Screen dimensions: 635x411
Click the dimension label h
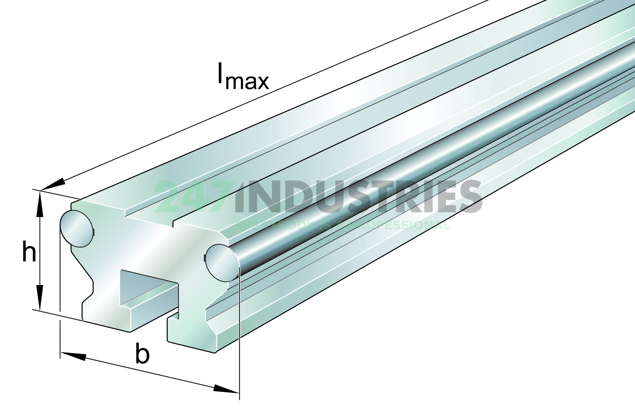pyautogui.click(x=29, y=252)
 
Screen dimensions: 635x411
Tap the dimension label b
pyautogui.click(x=142, y=353)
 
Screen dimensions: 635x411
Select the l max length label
pyautogui.click(x=243, y=76)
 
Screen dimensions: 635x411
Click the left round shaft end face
pyautogui.click(x=76, y=228)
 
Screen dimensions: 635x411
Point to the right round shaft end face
pyautogui.click(x=222, y=263)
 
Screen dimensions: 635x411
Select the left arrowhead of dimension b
pyautogui.click(x=73, y=356)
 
